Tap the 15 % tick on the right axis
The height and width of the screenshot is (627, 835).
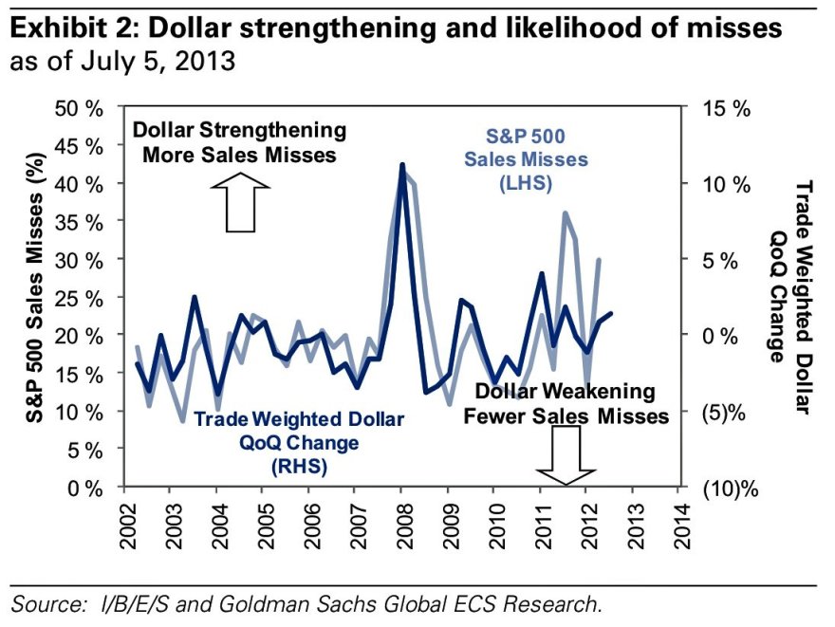pyautogui.click(x=727, y=107)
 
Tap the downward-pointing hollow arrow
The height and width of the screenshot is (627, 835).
pyautogui.click(x=566, y=453)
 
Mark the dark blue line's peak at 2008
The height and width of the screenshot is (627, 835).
pyautogui.click(x=402, y=165)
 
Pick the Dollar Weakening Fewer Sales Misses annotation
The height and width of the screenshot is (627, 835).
pyautogui.click(x=566, y=403)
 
